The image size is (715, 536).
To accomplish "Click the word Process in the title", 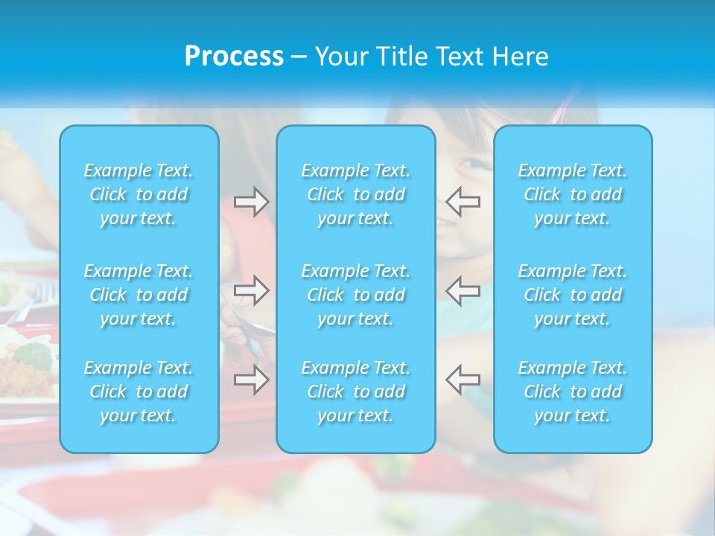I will (x=234, y=57).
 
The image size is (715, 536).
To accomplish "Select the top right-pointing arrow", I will (x=252, y=202).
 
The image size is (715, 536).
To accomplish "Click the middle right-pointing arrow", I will (x=252, y=290).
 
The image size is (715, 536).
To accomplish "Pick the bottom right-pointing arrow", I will (x=252, y=380).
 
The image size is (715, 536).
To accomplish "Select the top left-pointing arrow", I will (x=463, y=202).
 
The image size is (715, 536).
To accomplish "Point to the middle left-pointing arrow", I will (x=463, y=290).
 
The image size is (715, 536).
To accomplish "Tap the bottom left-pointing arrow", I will (x=463, y=380).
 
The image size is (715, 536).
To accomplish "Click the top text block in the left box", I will (x=139, y=194).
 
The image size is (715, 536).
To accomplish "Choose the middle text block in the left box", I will (x=139, y=295).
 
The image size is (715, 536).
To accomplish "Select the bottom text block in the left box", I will (x=139, y=392).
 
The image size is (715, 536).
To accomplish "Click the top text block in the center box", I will (x=356, y=194).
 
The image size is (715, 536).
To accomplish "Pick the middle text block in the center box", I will (x=356, y=295).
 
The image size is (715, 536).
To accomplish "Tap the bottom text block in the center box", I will (x=356, y=392).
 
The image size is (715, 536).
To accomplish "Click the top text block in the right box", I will (x=573, y=194).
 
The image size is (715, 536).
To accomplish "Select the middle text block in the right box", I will (x=573, y=295).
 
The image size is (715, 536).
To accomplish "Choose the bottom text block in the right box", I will (x=573, y=392).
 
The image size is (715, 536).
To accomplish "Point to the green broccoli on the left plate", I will (x=34, y=356).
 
